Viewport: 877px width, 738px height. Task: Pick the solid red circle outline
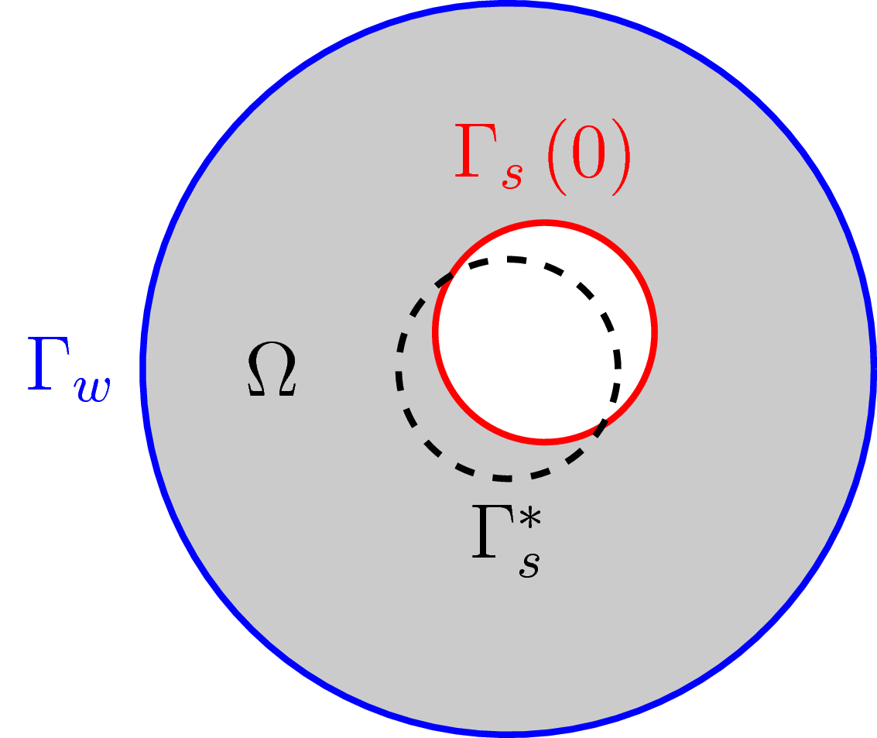pyautogui.click(x=655, y=331)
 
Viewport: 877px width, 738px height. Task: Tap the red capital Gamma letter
pyautogui.click(x=473, y=158)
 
